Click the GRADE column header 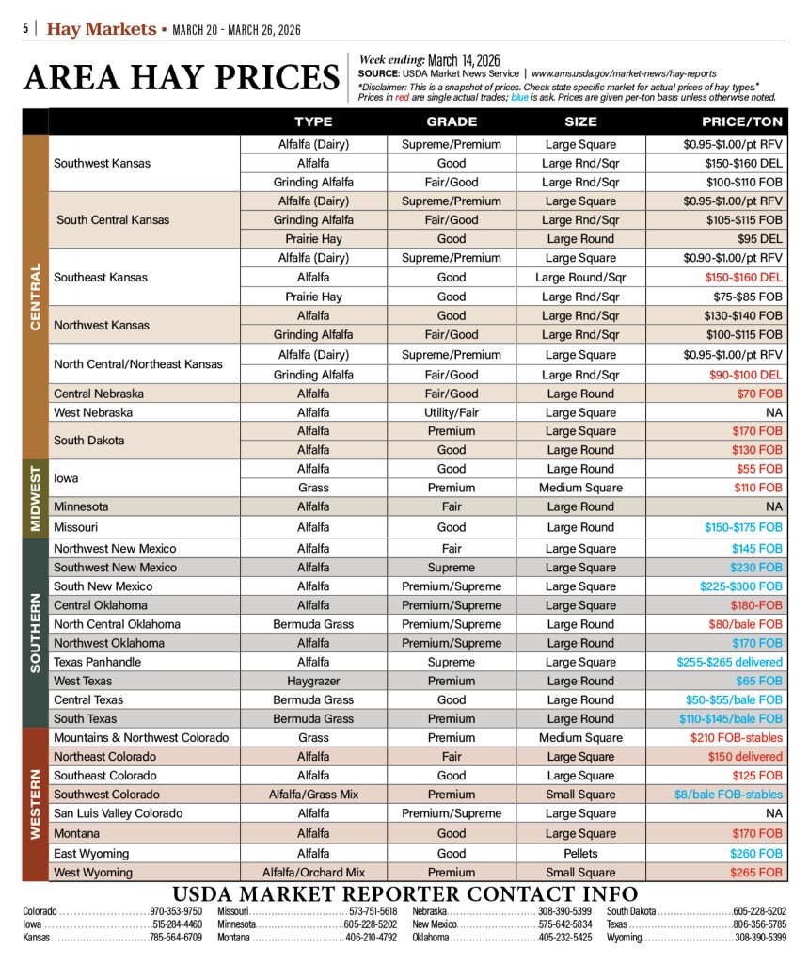click(452, 121)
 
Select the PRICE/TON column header click(742, 121)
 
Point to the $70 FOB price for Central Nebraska click(760, 394)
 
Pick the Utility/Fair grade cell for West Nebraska click(452, 412)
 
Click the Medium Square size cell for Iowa click(580, 488)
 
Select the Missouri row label click(75, 527)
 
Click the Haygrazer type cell click(313, 681)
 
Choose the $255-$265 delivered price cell click(729, 662)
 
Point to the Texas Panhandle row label click(98, 662)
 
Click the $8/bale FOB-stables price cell click(728, 795)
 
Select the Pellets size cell click(580, 853)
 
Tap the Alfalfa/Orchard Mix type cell click(313, 873)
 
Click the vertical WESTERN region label click(36, 803)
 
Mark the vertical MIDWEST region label click(36, 498)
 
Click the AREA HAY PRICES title click(182, 78)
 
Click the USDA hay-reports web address click(624, 72)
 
